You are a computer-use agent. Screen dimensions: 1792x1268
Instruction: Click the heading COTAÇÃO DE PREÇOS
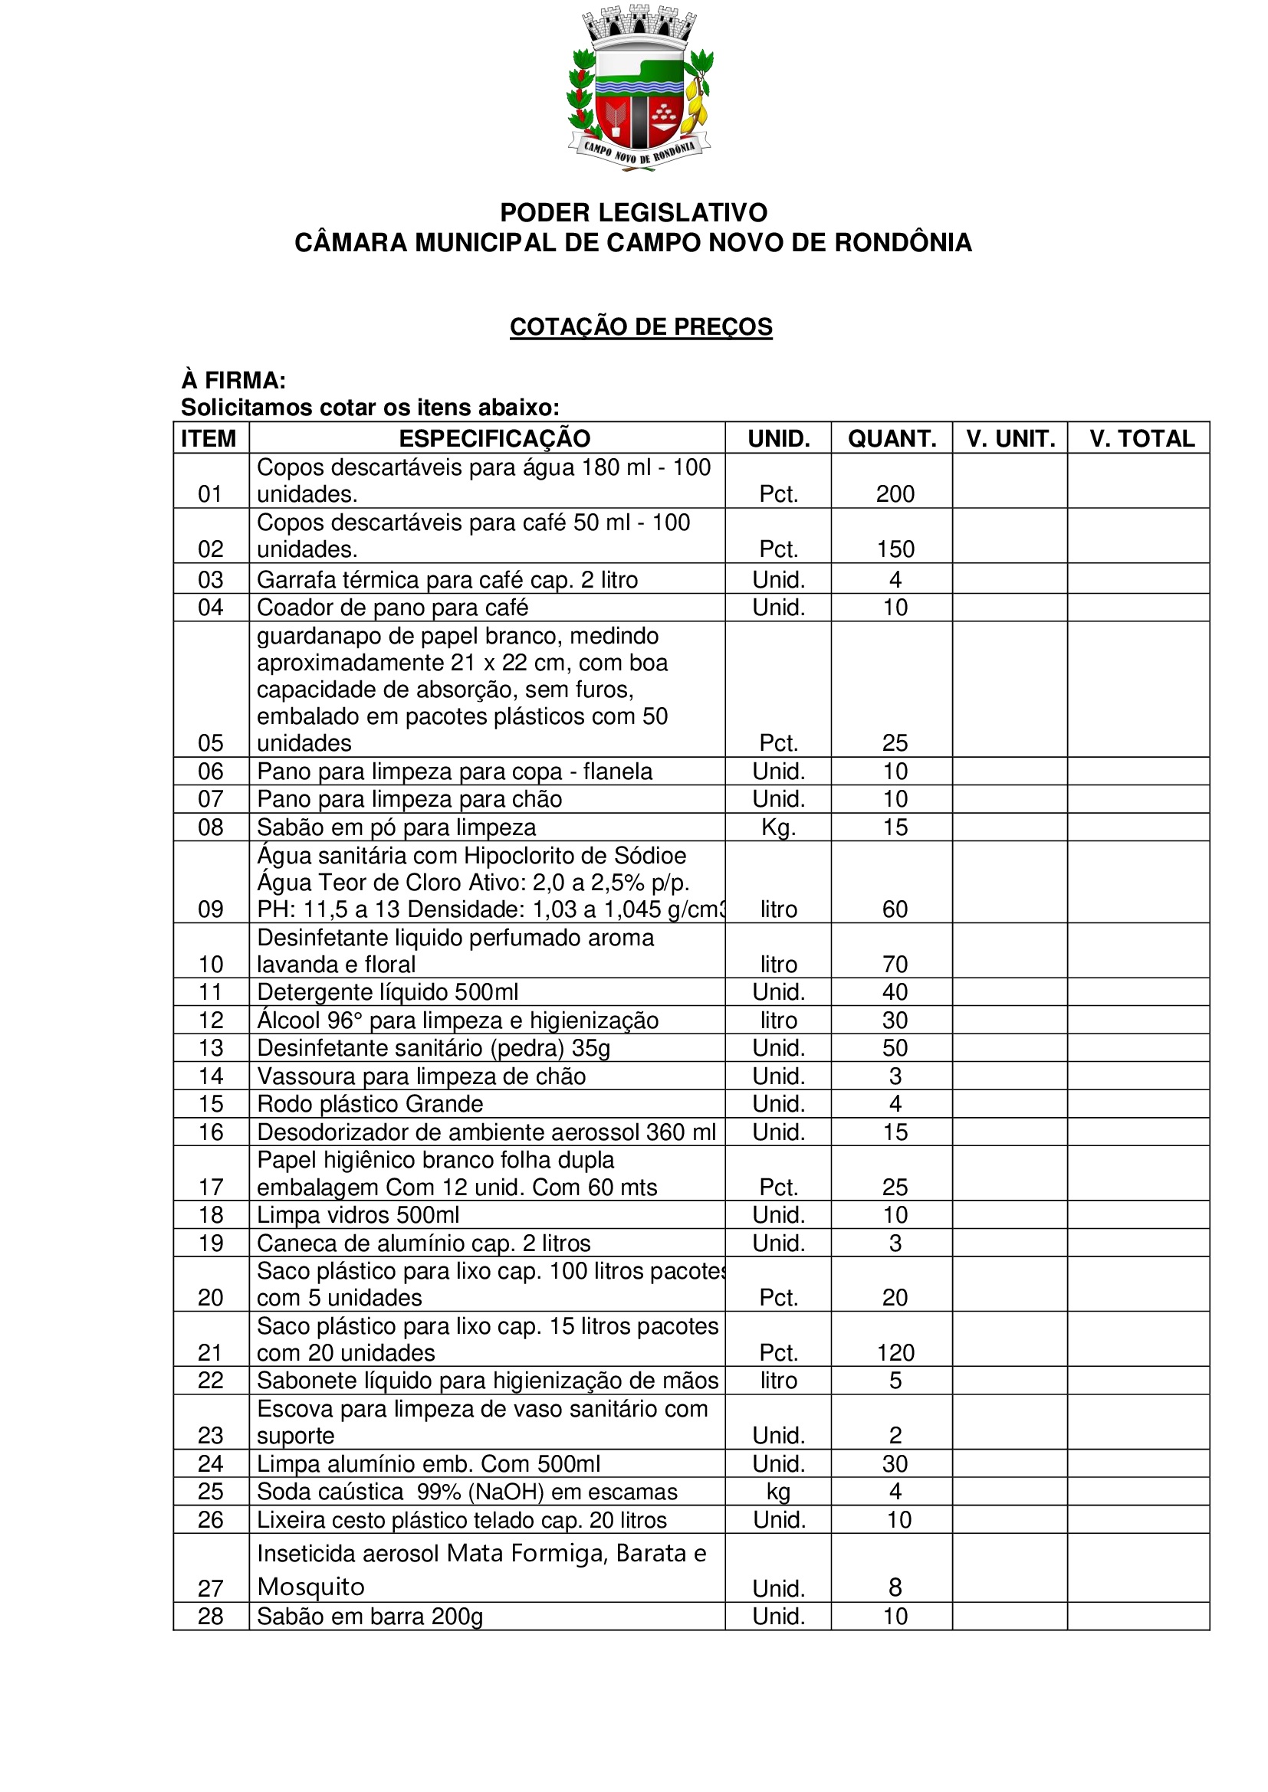tap(640, 326)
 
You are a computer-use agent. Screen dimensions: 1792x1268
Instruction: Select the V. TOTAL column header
tap(1142, 439)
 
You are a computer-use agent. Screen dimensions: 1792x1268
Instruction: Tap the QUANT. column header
tap(892, 439)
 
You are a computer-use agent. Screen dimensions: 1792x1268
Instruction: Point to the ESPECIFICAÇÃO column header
tap(494, 439)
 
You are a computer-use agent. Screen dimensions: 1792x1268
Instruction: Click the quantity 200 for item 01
tap(895, 494)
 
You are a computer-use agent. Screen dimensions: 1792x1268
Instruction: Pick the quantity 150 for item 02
tap(895, 549)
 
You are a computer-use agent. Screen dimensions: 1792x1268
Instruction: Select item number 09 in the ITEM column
tap(211, 909)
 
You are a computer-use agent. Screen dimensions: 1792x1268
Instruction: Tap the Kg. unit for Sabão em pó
tap(778, 827)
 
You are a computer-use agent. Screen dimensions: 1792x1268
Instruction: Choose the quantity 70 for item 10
tap(895, 965)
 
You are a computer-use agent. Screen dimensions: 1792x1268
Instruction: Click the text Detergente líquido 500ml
tap(387, 992)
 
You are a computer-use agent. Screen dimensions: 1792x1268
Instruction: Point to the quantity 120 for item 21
tap(895, 1352)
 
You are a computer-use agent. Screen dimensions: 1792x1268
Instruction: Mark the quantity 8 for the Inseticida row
tap(895, 1587)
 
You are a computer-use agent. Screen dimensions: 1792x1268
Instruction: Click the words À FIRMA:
tap(234, 381)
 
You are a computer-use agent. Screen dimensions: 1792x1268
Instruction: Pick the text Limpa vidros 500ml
tap(357, 1215)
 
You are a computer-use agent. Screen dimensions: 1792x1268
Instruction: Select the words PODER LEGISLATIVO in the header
tap(633, 212)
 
